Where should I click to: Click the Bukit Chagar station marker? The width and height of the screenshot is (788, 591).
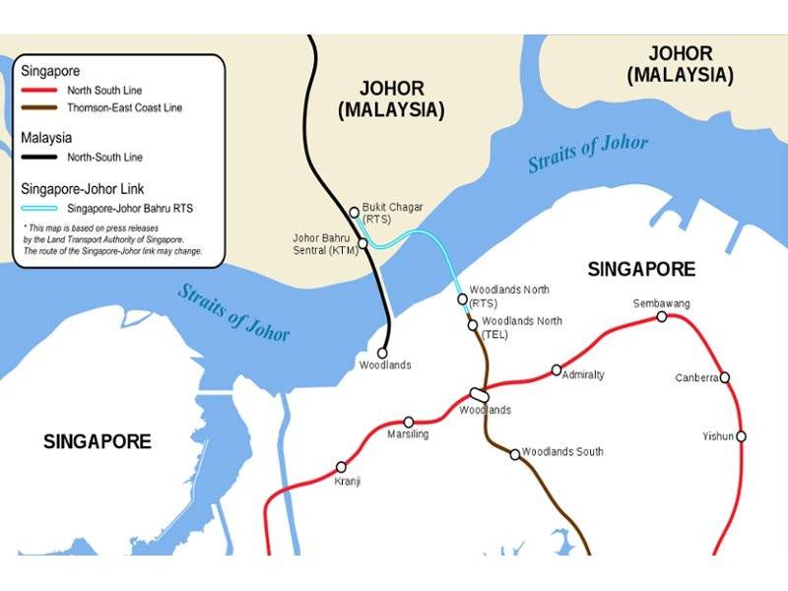[355, 212]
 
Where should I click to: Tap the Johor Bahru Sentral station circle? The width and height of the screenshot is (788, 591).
[362, 242]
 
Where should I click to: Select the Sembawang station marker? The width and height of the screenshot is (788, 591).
[662, 316]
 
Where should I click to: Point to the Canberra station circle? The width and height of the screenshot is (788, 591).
[724, 377]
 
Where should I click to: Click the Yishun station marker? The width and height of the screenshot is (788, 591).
[741, 435]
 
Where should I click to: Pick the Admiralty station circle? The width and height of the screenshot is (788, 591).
[557, 370]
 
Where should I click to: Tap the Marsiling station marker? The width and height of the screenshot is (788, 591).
[409, 422]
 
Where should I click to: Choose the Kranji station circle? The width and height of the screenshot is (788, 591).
[342, 467]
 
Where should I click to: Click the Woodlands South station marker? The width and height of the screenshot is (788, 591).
[514, 454]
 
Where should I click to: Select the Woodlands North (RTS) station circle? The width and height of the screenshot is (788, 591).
[463, 298]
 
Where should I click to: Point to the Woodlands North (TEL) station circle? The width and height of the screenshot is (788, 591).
[473, 324]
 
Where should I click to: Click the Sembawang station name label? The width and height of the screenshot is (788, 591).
[661, 302]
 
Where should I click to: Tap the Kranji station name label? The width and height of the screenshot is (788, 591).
[347, 482]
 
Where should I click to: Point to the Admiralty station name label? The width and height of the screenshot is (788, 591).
[583, 375]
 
